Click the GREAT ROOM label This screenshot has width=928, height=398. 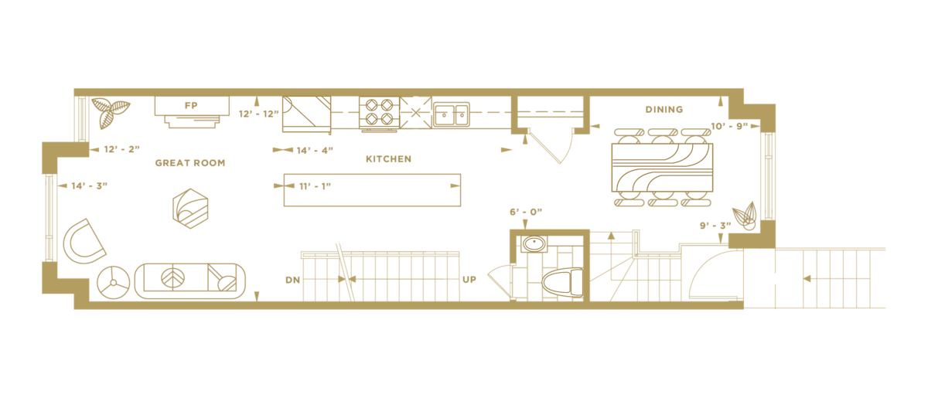pos(189,163)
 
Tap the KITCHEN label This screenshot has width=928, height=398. pos(388,159)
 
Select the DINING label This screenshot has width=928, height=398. pos(664,110)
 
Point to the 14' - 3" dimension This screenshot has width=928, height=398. pos(89,185)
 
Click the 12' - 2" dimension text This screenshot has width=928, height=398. pos(121,149)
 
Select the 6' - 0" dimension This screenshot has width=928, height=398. pos(525,211)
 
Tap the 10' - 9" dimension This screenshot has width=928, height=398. pos(729,125)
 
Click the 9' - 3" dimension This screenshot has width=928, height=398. pos(716,226)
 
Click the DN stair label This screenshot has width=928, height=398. pos(292,279)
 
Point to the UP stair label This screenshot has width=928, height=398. pos(469,279)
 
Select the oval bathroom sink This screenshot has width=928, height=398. pos(533,244)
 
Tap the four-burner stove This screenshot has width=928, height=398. pos(378,112)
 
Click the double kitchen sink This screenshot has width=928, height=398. pos(450,114)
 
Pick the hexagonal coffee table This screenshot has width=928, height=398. pos(190,209)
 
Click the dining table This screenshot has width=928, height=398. pos(662,167)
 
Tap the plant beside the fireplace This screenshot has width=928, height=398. pos(106,112)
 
